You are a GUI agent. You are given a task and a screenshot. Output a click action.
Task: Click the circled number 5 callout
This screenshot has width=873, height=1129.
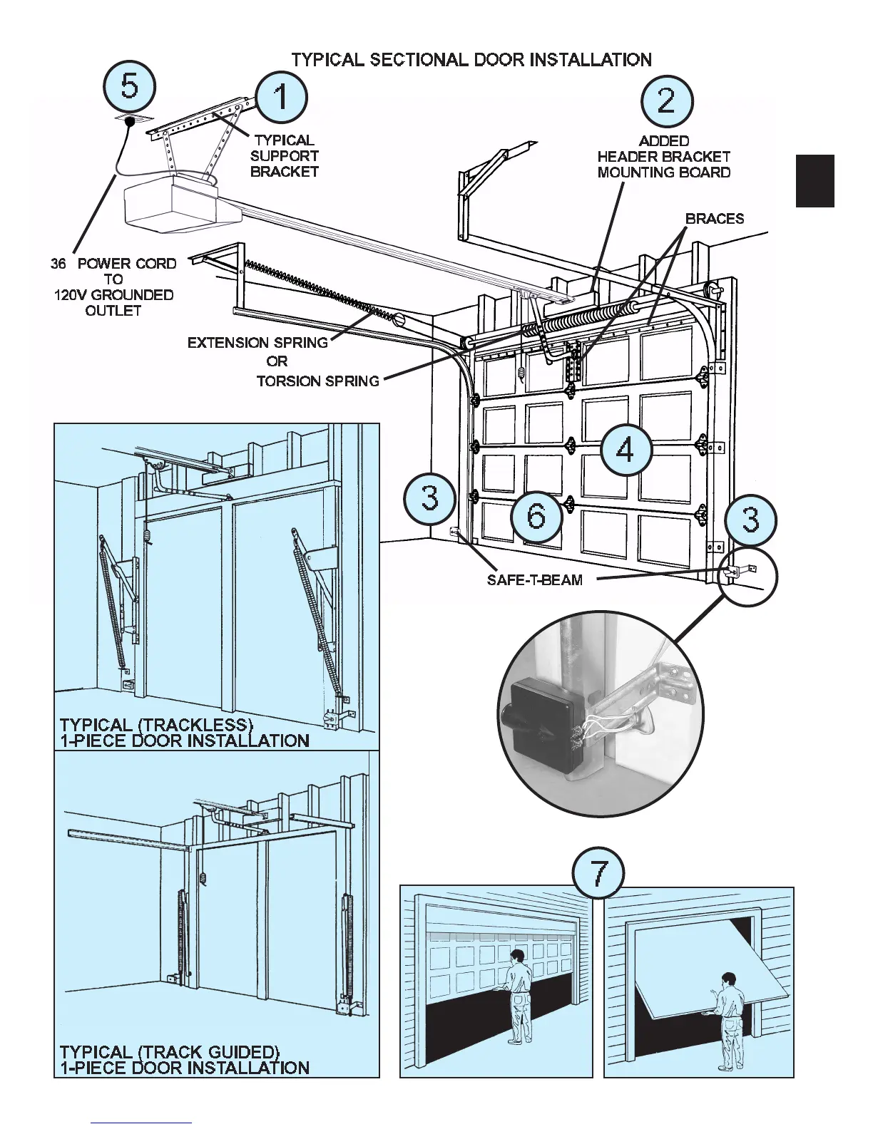coord(130,87)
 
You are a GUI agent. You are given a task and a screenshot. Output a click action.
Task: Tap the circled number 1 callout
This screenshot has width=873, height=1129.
coord(282,97)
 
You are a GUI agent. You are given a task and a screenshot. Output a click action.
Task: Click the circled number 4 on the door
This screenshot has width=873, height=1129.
coord(626,450)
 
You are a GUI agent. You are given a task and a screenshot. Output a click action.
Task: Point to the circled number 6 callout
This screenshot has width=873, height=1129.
coord(536,515)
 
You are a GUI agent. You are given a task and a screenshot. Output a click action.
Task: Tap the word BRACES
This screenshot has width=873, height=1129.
coord(714,219)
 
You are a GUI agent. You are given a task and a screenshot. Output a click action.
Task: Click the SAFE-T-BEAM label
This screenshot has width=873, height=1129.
coord(534,580)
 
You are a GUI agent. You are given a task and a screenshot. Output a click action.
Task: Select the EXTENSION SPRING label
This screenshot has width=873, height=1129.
coord(257,343)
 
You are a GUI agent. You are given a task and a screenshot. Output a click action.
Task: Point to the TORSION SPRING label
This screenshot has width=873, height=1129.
coord(317,381)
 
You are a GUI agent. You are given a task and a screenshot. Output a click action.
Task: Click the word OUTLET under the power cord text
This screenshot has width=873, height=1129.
coord(113,311)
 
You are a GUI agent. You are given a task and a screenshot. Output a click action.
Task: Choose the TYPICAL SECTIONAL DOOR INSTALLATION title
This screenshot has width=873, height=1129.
coord(471,60)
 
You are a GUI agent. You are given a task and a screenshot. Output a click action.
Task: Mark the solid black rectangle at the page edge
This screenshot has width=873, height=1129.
coord(815,181)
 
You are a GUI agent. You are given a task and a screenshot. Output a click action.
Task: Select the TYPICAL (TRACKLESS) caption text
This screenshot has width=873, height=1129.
coord(157,725)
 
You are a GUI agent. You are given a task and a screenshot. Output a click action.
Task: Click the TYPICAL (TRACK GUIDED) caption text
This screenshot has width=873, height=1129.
coord(170,1052)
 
